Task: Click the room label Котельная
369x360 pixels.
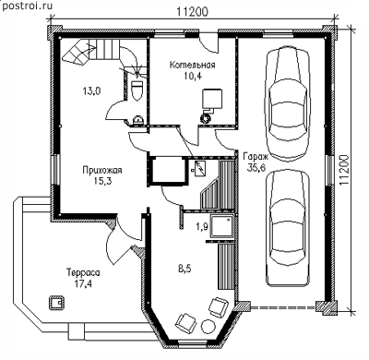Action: pos(193,66)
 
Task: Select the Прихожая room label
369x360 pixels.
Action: pos(102,170)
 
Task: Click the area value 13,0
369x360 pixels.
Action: pos(91,91)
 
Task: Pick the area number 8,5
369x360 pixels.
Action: pos(184,270)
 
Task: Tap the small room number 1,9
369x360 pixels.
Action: pos(202,227)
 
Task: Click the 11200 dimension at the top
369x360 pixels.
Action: pos(193,11)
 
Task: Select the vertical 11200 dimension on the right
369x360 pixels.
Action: pos(346,170)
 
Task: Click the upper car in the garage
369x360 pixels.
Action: pos(288,105)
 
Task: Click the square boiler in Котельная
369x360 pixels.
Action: pos(212,100)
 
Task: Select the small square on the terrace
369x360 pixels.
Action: pos(56,303)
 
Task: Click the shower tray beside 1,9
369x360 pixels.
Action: pos(222,227)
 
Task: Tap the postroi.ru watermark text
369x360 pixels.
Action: pos(26,6)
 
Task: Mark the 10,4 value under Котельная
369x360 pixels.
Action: pos(193,76)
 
